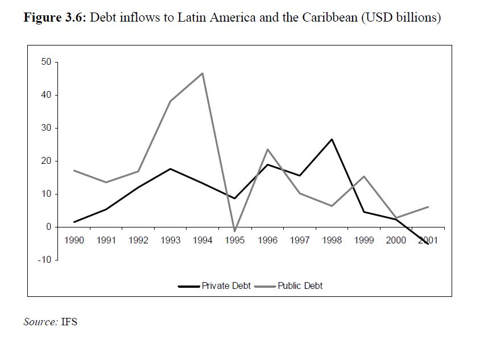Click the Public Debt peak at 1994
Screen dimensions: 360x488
202,73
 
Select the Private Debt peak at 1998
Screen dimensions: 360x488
332,139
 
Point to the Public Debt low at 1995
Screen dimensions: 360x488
235,231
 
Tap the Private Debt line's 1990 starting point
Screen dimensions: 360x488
74,222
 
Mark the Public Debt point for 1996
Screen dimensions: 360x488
267,150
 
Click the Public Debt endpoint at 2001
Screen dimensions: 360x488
428,206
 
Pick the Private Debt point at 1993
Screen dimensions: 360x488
171,169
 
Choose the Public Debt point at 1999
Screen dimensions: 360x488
364,176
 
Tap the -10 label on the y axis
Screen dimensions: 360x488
44,260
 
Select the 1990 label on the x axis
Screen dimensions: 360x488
74,240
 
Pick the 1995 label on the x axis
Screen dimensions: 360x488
235,240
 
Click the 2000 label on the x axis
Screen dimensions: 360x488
396,240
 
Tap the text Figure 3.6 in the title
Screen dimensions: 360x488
54,18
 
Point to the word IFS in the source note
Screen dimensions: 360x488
69,322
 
